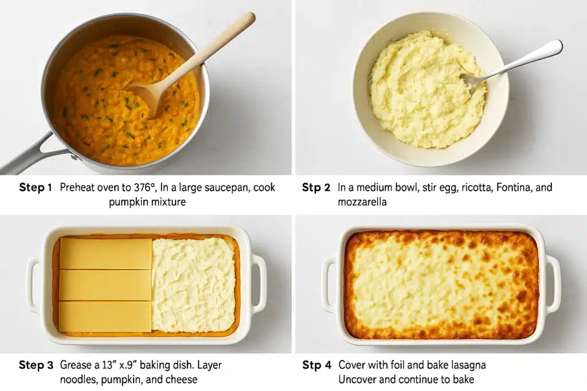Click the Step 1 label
coord(35,187)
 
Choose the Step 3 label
coord(35,365)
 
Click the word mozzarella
coord(363,202)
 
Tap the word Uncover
coord(357,379)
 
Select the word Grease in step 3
coord(76,365)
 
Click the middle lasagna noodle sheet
coord(105,285)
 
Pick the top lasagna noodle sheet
coord(105,253)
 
